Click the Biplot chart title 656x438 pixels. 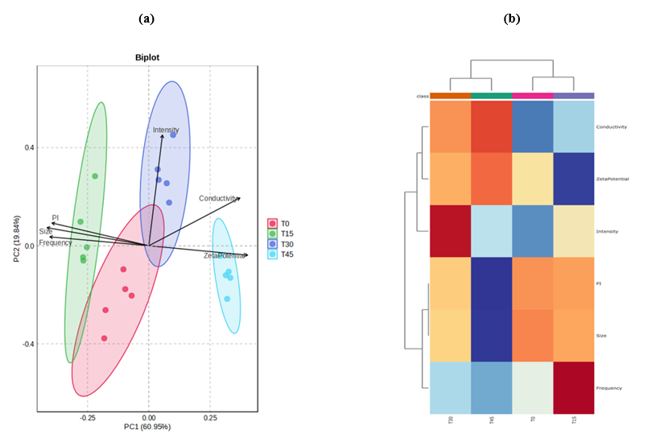[147, 58]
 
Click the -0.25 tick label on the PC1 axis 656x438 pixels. [86, 418]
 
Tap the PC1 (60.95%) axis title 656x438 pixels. [147, 427]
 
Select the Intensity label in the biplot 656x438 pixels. [166, 130]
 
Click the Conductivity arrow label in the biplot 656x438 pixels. [218, 198]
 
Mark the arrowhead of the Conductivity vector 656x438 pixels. [239, 197]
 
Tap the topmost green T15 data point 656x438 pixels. [95, 176]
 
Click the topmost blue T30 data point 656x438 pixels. [172, 135]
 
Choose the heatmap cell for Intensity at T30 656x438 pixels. [450, 231]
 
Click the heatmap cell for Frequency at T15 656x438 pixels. [573, 388]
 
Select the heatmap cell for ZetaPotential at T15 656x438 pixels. [573, 179]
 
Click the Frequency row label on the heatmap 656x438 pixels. [609, 388]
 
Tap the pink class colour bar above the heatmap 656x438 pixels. [532, 96]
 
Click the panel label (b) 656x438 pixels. [511, 18]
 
